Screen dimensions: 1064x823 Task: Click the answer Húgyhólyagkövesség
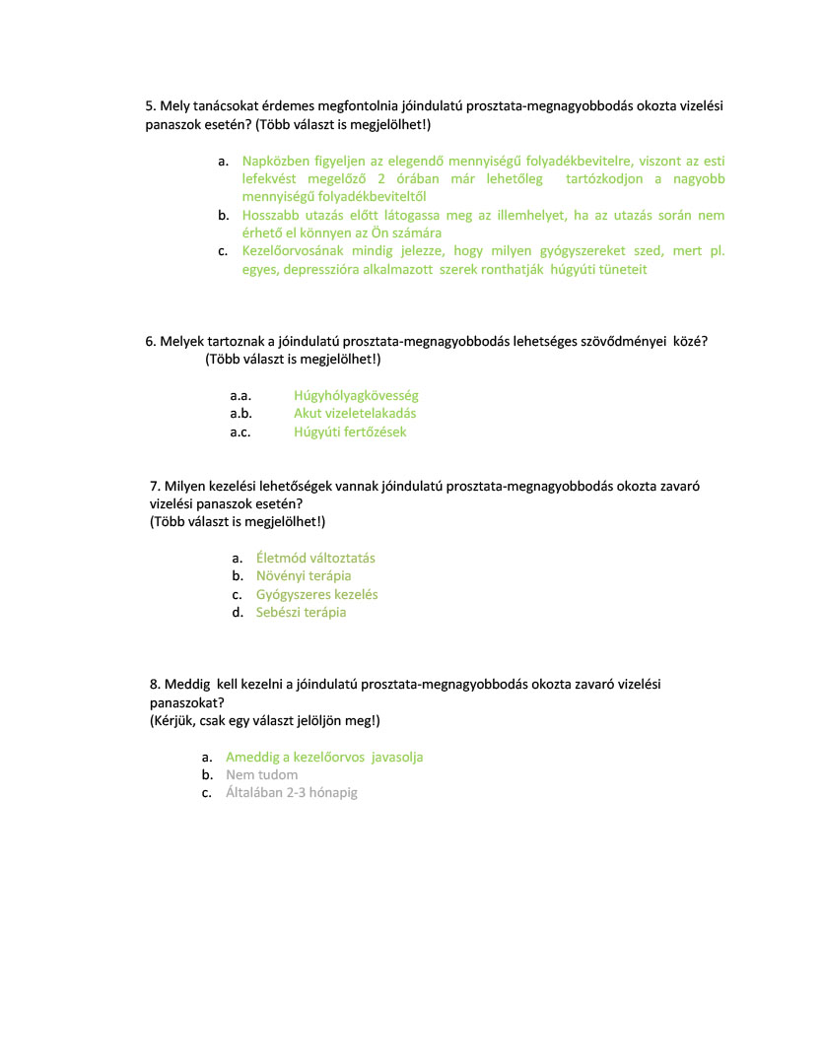click(x=356, y=395)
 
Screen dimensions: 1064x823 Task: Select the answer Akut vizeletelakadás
click(x=355, y=414)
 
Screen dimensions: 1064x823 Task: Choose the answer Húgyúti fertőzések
click(x=350, y=432)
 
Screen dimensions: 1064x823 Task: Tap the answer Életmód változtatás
click(x=315, y=558)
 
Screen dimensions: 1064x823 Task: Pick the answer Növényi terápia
click(x=304, y=575)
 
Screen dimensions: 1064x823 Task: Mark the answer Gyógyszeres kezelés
click(x=316, y=594)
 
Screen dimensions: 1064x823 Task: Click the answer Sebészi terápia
click(x=301, y=612)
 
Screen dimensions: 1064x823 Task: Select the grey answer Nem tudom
click(x=261, y=774)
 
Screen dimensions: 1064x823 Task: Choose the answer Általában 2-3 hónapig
click(x=291, y=792)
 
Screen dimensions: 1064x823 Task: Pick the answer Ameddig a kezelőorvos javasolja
click(x=324, y=757)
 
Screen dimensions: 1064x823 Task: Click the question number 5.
click(x=150, y=105)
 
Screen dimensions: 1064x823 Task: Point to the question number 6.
click(x=150, y=341)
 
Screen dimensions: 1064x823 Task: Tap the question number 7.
click(x=155, y=485)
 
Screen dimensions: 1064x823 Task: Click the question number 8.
click(x=155, y=683)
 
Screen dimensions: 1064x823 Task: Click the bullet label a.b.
click(x=241, y=414)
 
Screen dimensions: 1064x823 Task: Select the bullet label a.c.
click(x=240, y=432)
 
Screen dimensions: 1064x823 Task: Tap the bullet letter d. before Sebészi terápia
click(x=238, y=612)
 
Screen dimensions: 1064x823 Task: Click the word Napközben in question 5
click(x=274, y=161)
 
